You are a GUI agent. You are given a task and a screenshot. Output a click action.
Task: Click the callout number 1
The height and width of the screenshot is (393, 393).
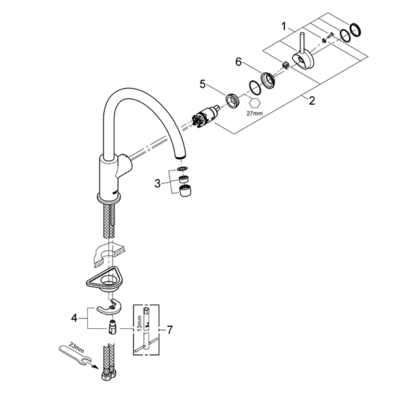point(284,28)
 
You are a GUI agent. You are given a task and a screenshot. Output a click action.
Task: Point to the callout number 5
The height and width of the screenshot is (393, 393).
point(203,84)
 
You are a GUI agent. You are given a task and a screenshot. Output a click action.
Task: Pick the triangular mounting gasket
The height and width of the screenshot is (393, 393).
point(105,280)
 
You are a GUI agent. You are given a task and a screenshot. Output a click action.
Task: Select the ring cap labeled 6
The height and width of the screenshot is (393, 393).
point(267,80)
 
